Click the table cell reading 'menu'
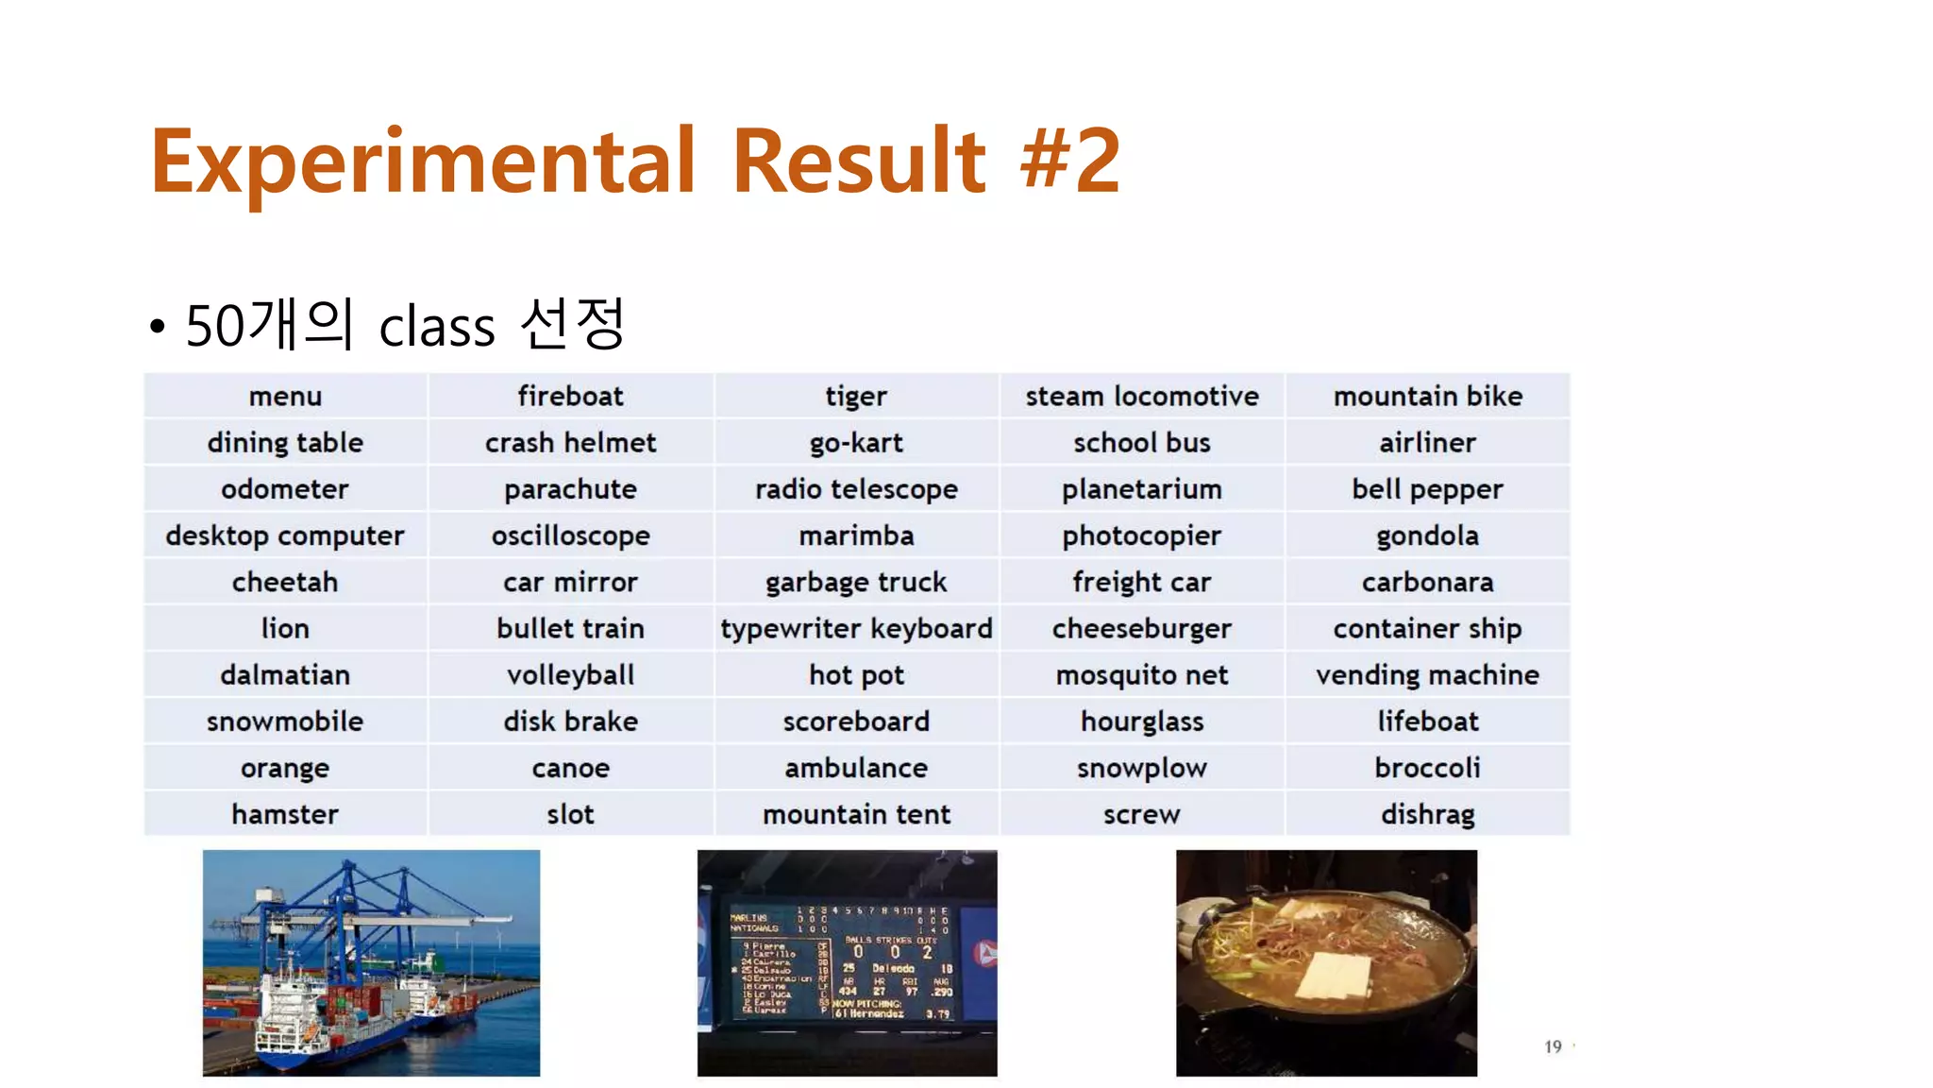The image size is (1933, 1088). coord(285,397)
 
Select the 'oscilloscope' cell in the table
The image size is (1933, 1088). coord(570,535)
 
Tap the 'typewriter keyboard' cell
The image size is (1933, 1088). coord(856,628)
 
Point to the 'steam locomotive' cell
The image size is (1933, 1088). coord(1142,397)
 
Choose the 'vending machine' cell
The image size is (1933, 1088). coord(1427,675)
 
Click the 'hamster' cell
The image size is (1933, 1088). coord(285,814)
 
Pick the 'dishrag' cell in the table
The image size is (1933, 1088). coord(1427,814)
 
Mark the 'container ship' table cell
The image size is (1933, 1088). coord(1427,628)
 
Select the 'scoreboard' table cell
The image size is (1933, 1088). coord(856,722)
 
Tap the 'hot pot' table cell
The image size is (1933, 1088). coord(856,675)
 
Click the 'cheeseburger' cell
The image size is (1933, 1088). coord(1142,628)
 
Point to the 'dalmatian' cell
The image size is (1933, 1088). coord(285,675)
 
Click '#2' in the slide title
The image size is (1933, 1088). coord(1070,161)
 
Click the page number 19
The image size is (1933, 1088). coord(1553,1046)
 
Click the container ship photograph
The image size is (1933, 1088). coord(371,962)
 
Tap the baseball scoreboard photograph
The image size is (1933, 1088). coord(847,962)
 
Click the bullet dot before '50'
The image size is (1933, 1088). coord(157,328)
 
